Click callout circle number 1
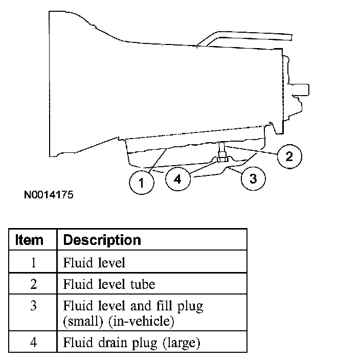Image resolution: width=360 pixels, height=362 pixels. click(144, 183)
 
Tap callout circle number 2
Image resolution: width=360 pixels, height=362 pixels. click(289, 156)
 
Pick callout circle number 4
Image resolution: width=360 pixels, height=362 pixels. click(177, 179)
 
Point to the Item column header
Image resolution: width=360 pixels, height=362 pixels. click(30, 239)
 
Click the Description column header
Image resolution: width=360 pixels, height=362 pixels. click(102, 239)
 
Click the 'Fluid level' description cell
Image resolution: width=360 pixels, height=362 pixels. click(94, 263)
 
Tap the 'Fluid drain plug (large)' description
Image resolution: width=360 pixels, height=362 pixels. click(131, 342)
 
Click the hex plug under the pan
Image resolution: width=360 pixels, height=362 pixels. click(222, 159)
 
